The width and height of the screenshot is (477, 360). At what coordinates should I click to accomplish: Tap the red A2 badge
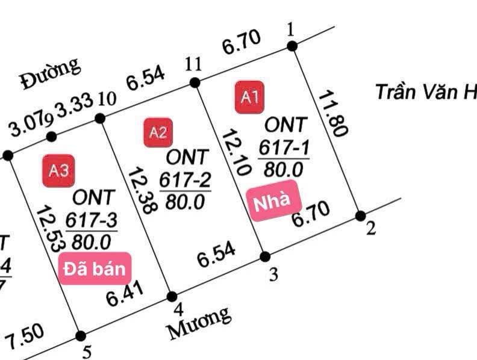pos(158,132)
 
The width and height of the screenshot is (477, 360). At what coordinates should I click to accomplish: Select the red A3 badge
pos(58,170)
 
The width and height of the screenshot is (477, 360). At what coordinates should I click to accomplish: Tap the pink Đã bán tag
pos(96,268)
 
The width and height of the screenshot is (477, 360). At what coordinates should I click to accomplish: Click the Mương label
pos(199,322)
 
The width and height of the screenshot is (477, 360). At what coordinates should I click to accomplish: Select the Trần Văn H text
pos(425,92)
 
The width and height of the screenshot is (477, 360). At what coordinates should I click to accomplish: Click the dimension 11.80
pos(331,114)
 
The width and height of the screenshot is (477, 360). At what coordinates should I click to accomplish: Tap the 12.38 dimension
pos(142,190)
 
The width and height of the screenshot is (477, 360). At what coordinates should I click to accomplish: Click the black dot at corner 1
pos(291,46)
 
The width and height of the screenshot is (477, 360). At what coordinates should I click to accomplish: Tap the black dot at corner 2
pos(360,216)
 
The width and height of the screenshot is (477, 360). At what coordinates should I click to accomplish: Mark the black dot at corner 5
pos(80,335)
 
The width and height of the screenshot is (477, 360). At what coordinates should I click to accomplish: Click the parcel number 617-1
pos(283,147)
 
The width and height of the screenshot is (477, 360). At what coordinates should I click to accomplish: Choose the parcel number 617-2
pos(184,179)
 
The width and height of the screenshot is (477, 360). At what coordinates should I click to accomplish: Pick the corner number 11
pos(193,65)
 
